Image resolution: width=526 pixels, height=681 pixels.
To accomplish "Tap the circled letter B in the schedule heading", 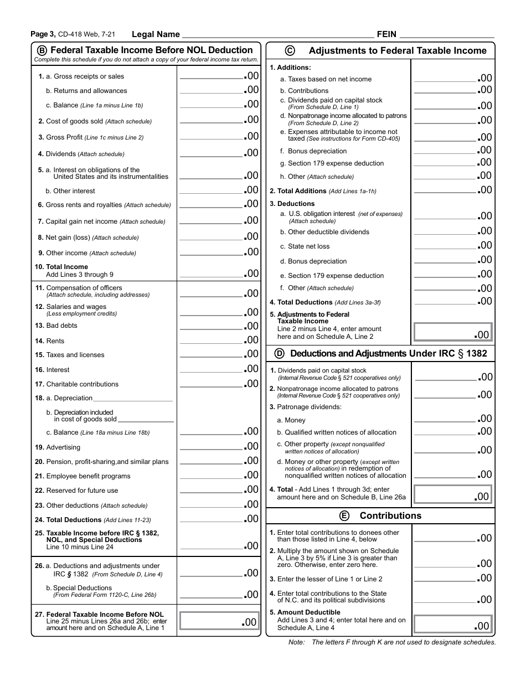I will [42, 50].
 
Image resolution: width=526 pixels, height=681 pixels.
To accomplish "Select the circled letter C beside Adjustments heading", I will [290, 50].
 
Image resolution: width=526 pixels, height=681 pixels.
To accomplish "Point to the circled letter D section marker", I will [280, 353].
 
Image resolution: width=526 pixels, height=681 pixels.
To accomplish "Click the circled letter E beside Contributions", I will [344, 515].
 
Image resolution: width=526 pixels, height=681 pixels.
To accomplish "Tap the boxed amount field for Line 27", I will [219, 621].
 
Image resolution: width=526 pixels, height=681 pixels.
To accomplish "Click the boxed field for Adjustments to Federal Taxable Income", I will [452, 332].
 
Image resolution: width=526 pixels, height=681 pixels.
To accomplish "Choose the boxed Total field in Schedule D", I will [452, 494].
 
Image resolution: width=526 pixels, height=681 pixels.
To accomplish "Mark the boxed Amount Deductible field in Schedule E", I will [452, 624].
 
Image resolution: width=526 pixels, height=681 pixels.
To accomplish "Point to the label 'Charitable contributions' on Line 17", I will [82, 384].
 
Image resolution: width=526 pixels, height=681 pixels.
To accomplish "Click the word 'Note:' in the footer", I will [297, 642].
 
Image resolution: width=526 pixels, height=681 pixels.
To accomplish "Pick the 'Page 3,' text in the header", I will [43, 34].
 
